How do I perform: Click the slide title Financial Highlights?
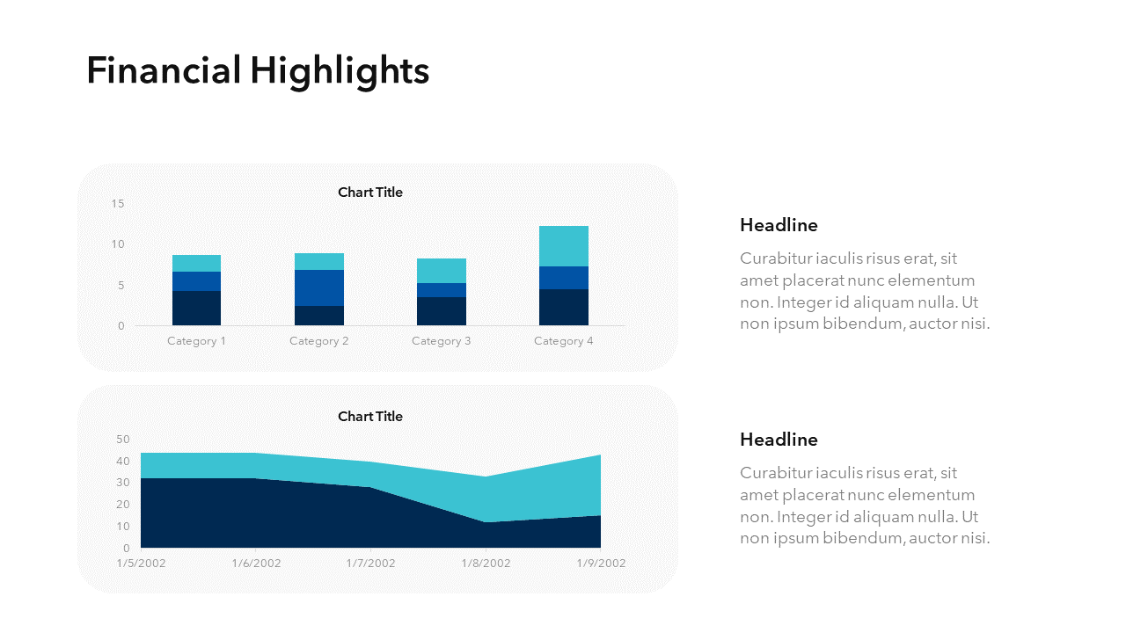258,70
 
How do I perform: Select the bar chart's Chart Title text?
369,193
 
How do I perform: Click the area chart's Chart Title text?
369,417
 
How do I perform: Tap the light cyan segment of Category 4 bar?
564,246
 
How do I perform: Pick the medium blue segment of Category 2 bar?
319,287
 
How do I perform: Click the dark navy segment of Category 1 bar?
197,308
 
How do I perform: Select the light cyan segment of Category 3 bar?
442,271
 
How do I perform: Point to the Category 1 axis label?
197,341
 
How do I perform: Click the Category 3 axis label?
442,341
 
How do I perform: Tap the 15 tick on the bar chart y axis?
118,204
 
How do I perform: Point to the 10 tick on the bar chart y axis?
118,244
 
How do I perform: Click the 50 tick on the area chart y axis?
122,440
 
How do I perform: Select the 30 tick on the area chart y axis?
122,483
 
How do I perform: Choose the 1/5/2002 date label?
141,564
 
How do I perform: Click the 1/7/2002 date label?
370,564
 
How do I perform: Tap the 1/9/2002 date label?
601,564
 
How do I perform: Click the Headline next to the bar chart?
779,225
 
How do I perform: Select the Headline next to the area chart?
779,440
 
